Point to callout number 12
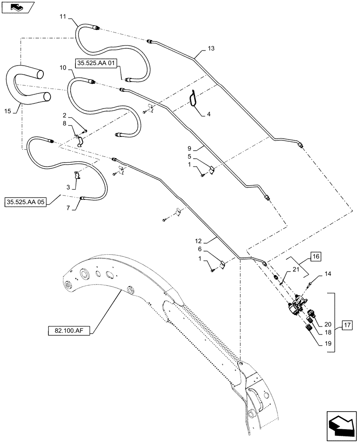[198, 241]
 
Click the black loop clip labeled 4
[193, 98]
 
